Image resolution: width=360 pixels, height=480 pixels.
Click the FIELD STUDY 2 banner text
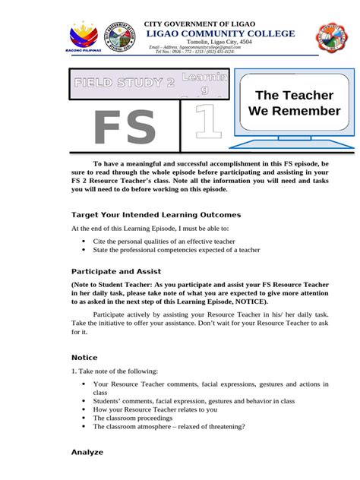124,82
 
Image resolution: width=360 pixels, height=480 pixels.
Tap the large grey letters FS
124,128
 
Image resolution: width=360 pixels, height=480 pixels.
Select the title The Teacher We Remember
295,103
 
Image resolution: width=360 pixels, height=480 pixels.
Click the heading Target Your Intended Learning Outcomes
156,215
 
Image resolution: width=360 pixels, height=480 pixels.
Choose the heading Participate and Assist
116,271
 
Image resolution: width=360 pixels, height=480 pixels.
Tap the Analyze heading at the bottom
87,452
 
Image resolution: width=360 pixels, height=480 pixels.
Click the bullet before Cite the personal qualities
84,241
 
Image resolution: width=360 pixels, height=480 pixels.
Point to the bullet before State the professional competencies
84,249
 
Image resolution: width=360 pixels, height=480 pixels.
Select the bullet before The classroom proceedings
84,418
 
